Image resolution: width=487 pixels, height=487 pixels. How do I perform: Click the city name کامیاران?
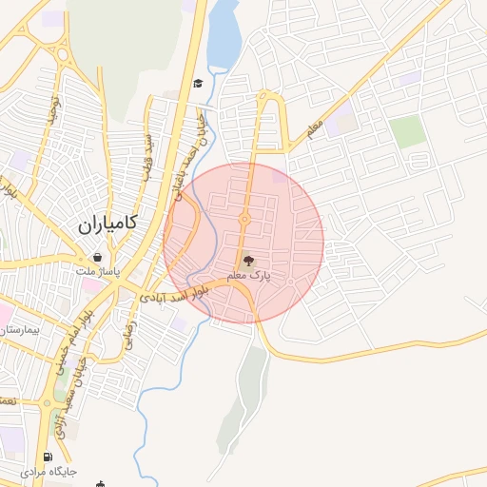(106, 225)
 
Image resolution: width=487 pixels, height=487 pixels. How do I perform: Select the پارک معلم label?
(249, 275)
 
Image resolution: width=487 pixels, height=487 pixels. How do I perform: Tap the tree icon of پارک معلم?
(249, 260)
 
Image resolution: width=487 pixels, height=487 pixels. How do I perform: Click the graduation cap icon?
(197, 84)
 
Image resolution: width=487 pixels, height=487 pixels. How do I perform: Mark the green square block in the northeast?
(408, 131)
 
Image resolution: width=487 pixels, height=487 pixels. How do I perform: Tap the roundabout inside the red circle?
(244, 220)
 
